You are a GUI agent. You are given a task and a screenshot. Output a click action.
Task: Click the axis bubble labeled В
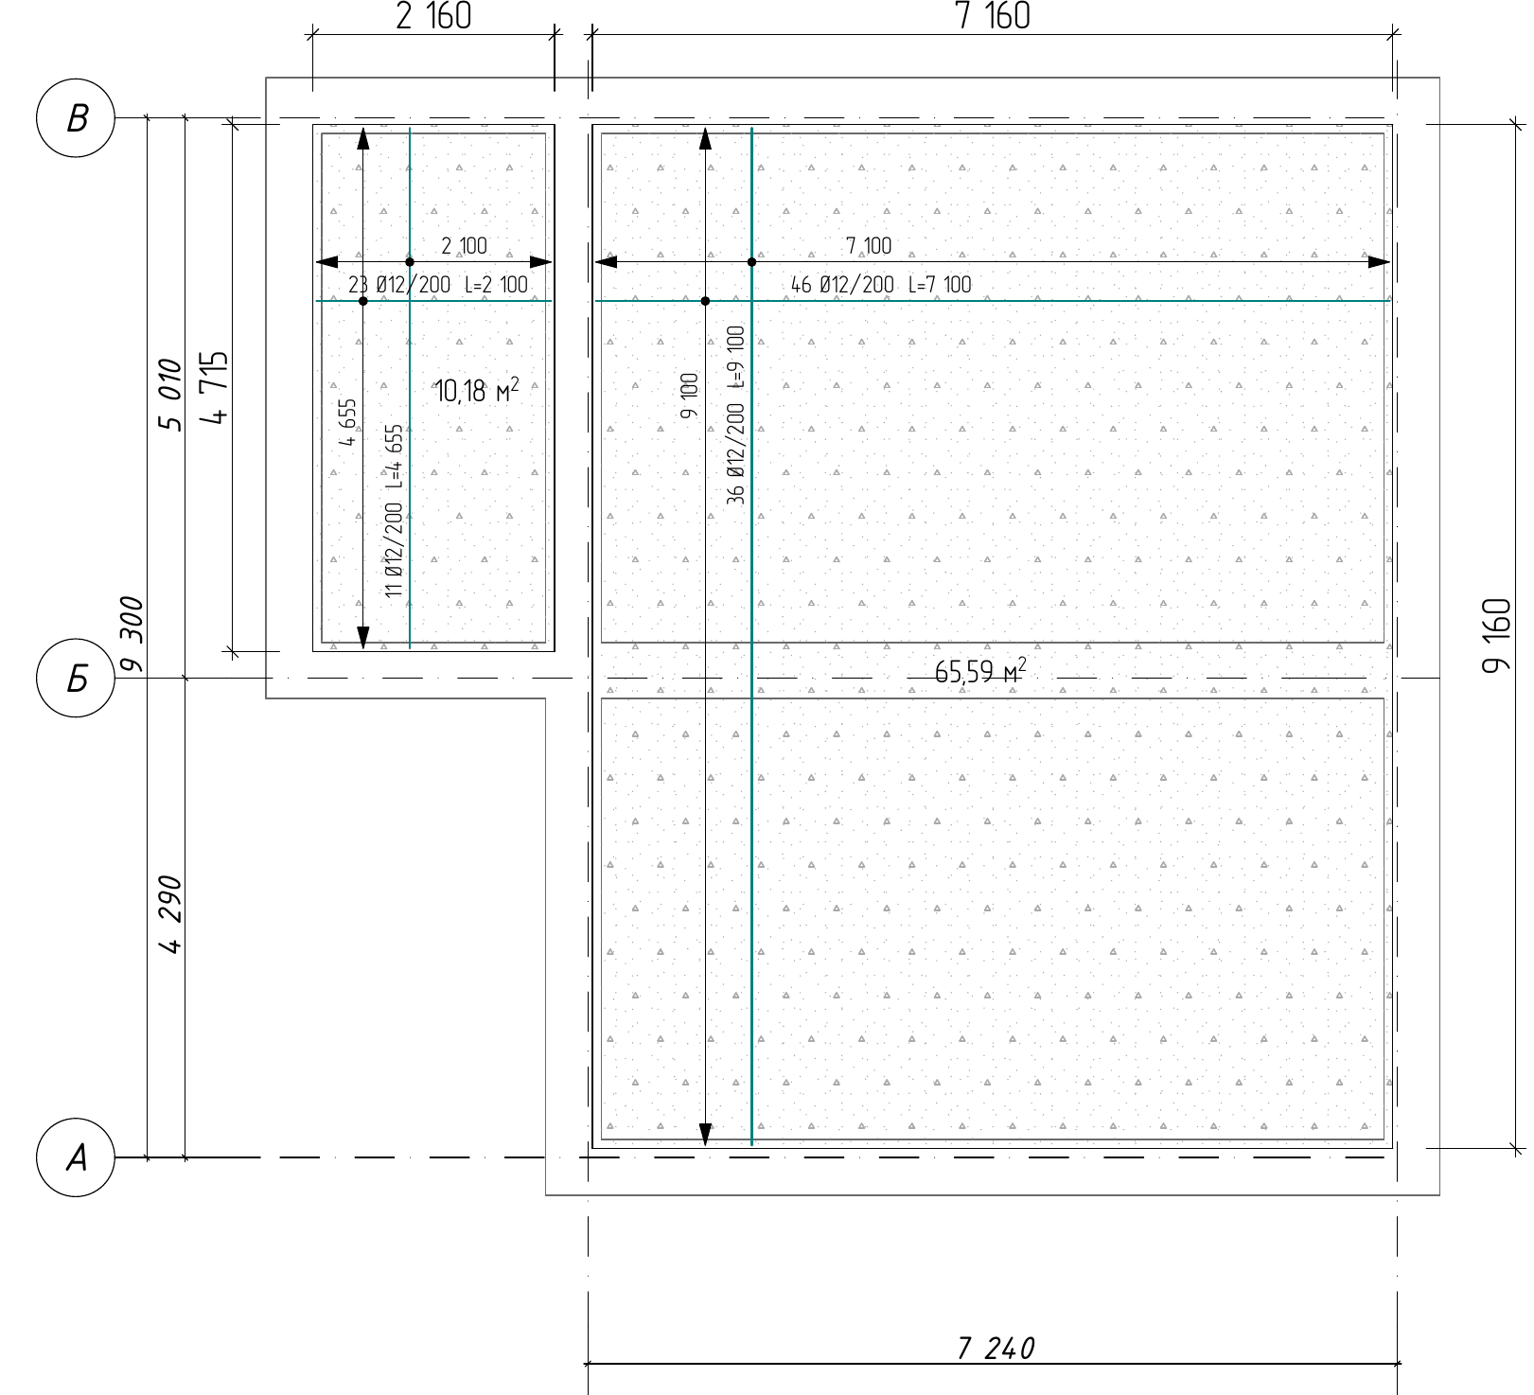tap(76, 119)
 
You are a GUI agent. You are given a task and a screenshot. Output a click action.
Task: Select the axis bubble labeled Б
tap(76, 679)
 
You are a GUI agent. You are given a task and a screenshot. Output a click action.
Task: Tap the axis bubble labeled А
tap(76, 1157)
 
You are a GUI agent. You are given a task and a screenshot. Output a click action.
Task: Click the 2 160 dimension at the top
tap(432, 16)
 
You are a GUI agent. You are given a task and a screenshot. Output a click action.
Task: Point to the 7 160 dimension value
tap(993, 16)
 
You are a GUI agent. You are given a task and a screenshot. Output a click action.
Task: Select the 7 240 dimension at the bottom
tap(996, 1348)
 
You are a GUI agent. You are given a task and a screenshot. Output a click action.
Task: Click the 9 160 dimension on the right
tap(1496, 635)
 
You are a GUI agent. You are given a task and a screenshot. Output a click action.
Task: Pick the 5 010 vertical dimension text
tap(169, 395)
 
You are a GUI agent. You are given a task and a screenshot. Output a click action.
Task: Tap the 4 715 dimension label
tap(216, 388)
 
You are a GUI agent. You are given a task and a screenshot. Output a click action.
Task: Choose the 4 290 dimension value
tap(169, 915)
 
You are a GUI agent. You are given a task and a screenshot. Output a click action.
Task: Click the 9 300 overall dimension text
tap(132, 634)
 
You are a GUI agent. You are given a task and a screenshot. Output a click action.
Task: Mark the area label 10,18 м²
tap(477, 389)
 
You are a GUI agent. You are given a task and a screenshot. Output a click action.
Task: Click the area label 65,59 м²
tap(980, 671)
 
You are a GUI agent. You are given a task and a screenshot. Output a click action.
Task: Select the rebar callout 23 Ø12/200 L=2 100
tap(438, 284)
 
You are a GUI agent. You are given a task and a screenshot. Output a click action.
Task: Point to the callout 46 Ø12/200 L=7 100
tap(881, 284)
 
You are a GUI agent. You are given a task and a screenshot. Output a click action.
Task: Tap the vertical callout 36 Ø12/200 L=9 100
tap(736, 415)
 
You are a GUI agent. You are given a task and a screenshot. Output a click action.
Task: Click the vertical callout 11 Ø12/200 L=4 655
tap(394, 510)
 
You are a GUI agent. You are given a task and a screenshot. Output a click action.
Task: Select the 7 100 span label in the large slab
tap(869, 246)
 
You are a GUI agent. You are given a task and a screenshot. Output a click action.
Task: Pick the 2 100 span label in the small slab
tap(464, 246)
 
